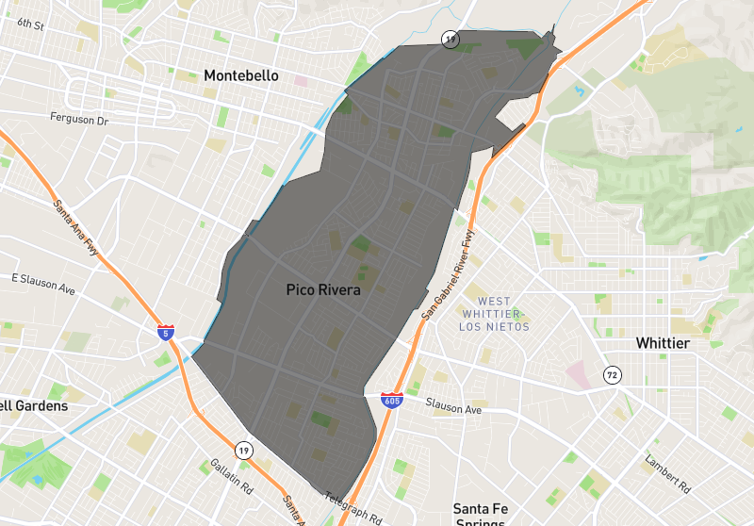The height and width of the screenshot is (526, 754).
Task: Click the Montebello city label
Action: tap(241, 75)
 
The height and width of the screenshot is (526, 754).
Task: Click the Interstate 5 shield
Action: tap(166, 333)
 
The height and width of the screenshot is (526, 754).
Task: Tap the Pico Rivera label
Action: tap(323, 290)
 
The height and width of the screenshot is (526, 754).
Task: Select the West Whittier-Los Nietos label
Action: tap(494, 314)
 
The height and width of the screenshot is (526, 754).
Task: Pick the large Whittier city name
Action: tap(663, 343)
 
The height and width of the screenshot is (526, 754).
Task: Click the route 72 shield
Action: tap(613, 375)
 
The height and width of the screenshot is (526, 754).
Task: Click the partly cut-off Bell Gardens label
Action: tap(34, 405)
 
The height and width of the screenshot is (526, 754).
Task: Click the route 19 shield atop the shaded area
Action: tap(451, 39)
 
